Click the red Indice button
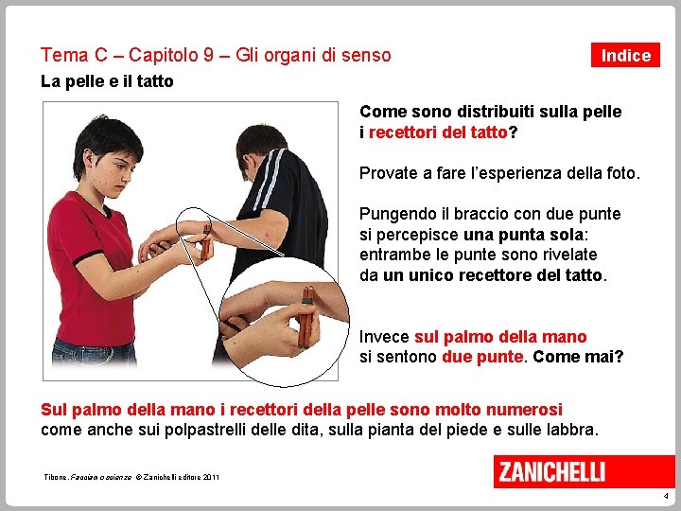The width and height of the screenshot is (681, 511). coord(625,55)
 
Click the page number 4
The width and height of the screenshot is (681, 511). coord(666,496)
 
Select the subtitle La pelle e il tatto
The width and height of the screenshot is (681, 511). coord(107,81)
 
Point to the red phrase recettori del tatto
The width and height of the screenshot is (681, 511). coord(438,132)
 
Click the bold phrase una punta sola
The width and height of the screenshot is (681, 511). coord(523,235)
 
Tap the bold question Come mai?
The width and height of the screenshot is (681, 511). coord(578,357)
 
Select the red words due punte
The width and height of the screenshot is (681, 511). coord(482,357)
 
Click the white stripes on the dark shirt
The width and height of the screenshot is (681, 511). coord(271,178)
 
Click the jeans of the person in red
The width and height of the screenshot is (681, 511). coord(94,351)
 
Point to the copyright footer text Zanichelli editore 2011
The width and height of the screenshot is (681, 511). coord(177,477)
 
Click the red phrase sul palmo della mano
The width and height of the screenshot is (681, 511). coord(500,337)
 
